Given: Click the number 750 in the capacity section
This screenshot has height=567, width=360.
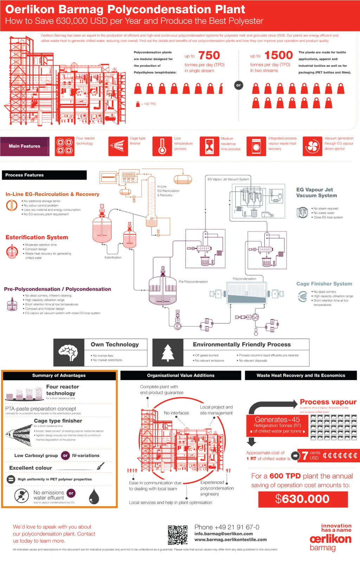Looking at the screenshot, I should pyautogui.click(x=209, y=56).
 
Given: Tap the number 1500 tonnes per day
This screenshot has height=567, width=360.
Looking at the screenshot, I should pyautogui.click(x=278, y=56).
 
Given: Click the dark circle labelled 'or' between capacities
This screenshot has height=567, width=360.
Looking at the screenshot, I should pyautogui.click(x=239, y=85).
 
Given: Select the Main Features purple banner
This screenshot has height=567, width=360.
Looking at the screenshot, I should pyautogui.click(x=25, y=146).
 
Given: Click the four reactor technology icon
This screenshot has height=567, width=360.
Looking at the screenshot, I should pyautogui.click(x=64, y=146).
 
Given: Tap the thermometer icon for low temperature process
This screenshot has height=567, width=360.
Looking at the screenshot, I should pyautogui.click(x=162, y=146).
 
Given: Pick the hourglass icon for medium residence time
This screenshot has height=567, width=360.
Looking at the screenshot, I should pyautogui.click(x=210, y=146).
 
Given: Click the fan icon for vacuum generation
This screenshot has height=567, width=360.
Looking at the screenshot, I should pyautogui.click(x=312, y=146).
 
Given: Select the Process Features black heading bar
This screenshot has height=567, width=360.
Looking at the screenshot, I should pyautogui.click(x=44, y=175).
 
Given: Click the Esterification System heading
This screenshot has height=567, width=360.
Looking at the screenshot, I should pyautogui.click(x=37, y=237).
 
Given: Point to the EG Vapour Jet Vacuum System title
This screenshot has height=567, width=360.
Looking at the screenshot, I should pyautogui.click(x=316, y=193).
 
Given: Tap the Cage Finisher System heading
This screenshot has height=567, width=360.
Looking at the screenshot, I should pyautogui.click(x=324, y=284).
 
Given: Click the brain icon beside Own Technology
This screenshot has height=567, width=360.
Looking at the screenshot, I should pyautogui.click(x=69, y=352).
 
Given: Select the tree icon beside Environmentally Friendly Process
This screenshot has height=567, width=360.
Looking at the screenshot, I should pyautogui.click(x=168, y=352).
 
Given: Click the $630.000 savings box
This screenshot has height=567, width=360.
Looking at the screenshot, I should pyautogui.click(x=303, y=499).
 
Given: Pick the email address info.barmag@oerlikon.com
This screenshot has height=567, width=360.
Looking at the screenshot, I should pyautogui.click(x=224, y=534).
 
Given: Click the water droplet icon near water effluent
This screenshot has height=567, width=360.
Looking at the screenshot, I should pyautogui.click(x=94, y=496).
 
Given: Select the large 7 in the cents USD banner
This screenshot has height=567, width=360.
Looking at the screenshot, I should pyautogui.click(x=305, y=456).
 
